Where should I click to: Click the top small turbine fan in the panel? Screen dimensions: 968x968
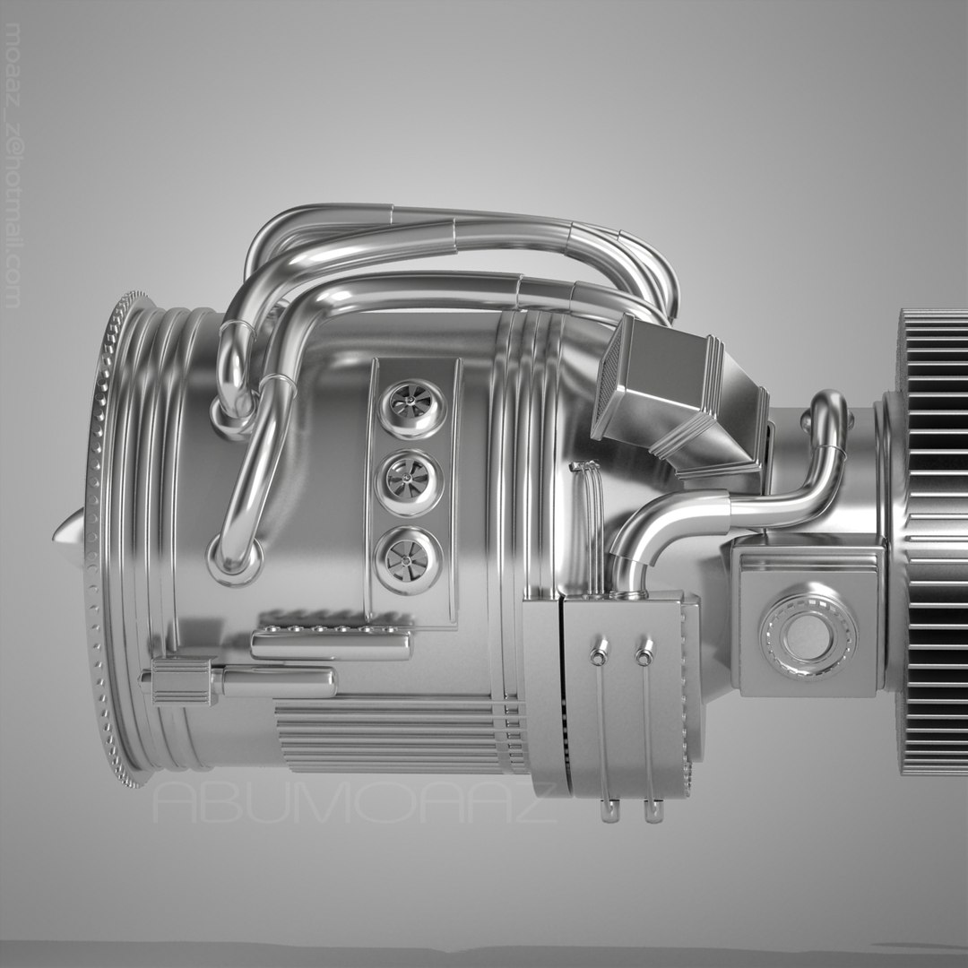click(411, 408)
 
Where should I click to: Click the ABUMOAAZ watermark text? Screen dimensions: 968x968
click(354, 803)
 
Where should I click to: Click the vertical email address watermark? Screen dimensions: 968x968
click(13, 166)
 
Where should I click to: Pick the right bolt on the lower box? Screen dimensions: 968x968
click(644, 657)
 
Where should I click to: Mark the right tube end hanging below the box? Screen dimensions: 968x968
click(653, 811)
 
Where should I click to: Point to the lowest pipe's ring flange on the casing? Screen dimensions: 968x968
click(235, 561)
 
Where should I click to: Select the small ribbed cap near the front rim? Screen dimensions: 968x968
click(182, 681)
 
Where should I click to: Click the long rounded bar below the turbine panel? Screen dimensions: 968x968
click(330, 644)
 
